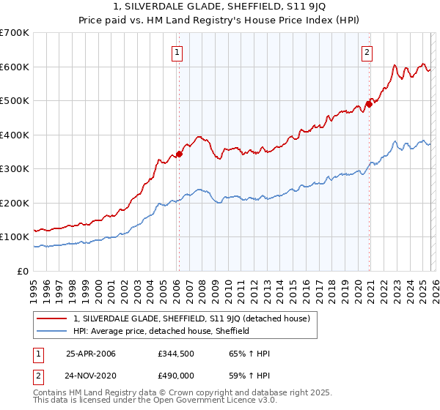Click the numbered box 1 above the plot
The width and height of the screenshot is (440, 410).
pos(178,52)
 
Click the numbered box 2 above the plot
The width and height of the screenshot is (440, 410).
pos(367,52)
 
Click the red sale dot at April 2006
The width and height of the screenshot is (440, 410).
pos(179,154)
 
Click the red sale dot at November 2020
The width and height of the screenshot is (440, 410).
pos(369,104)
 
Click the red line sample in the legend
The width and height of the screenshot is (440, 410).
pos(52,318)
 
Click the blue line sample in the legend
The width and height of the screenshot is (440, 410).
pos(52,331)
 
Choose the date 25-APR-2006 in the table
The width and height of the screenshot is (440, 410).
pos(91,354)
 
